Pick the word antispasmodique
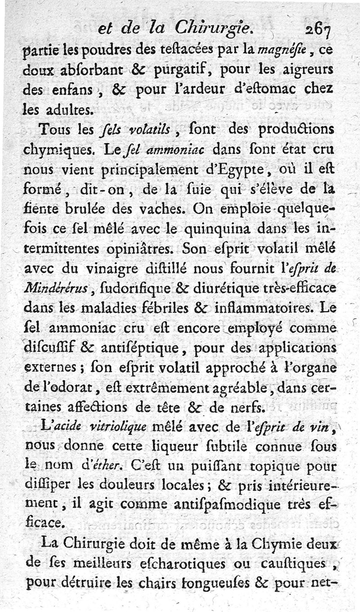[223, 505]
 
